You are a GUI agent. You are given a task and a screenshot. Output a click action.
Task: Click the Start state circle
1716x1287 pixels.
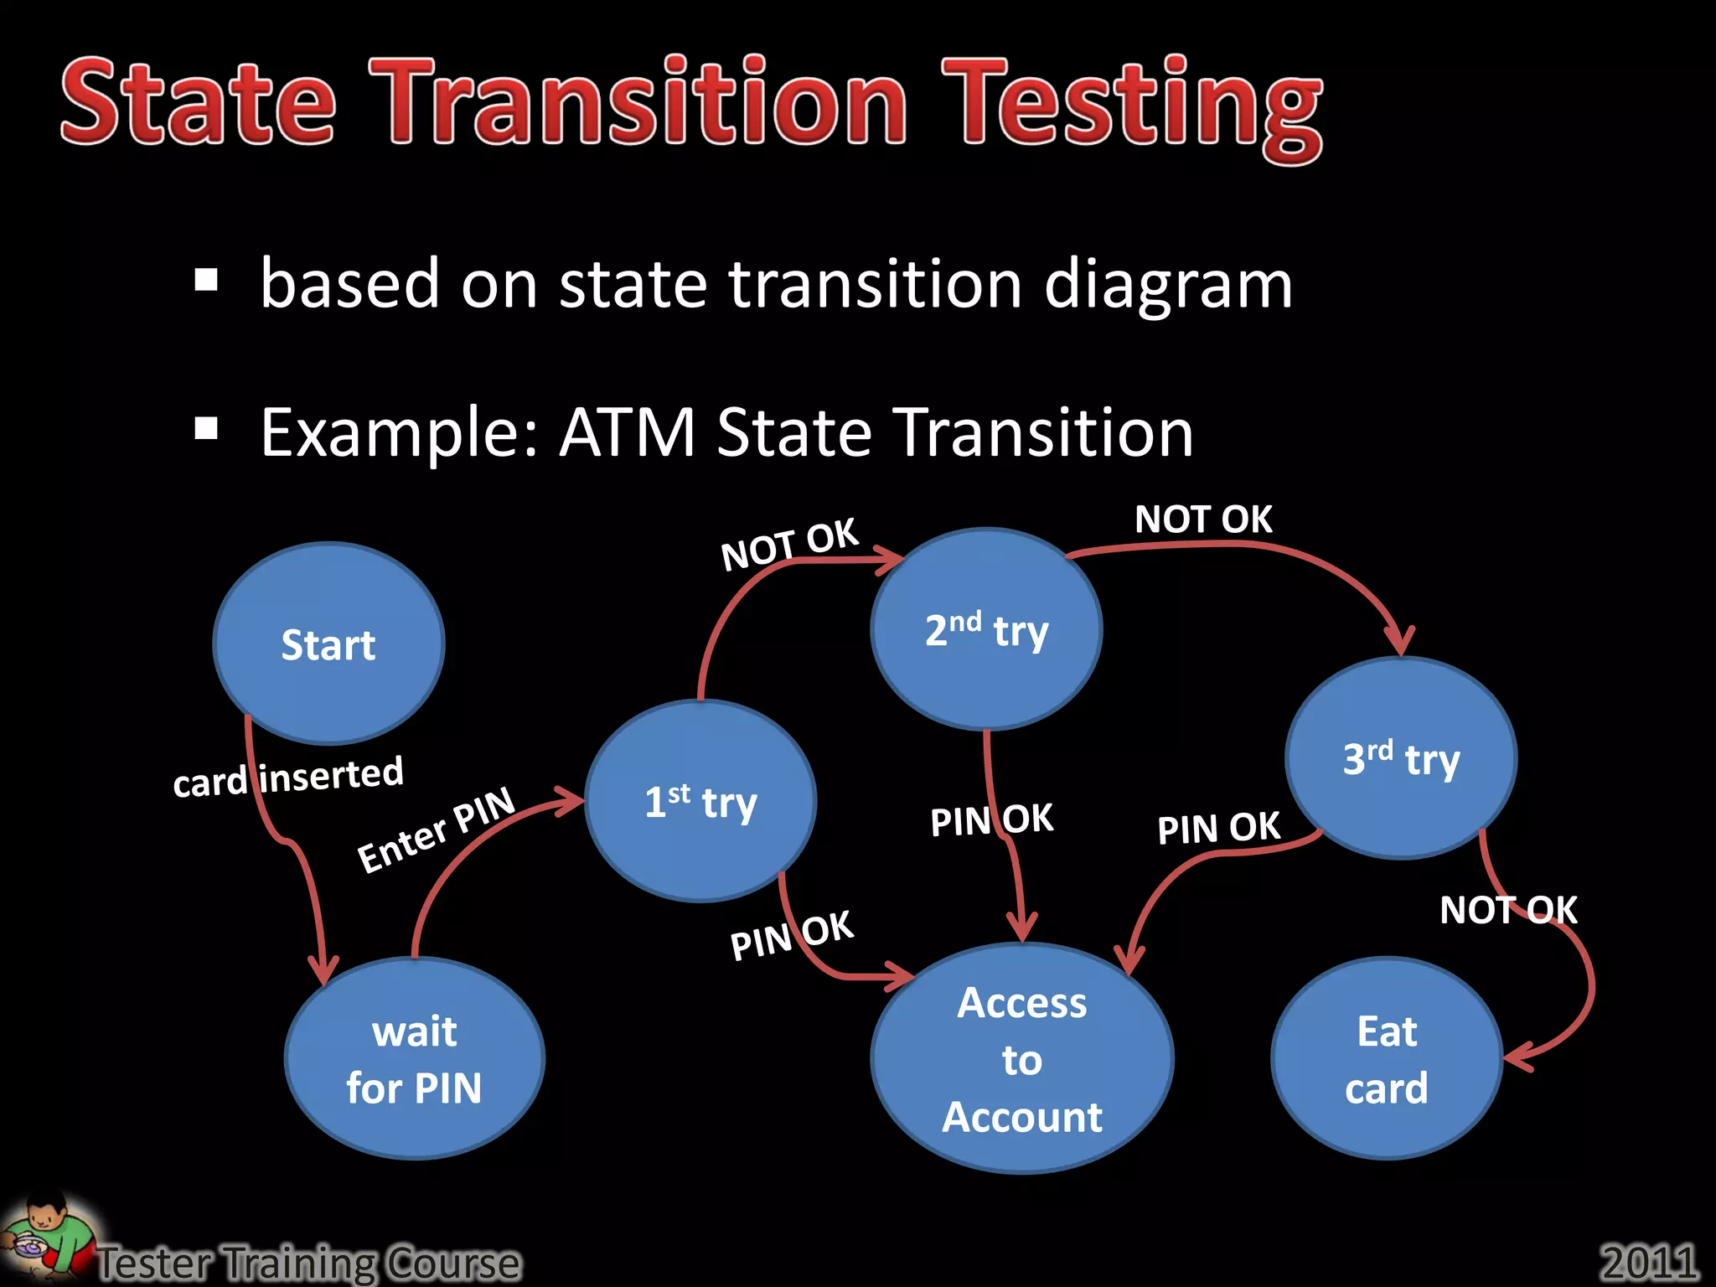pos(328,643)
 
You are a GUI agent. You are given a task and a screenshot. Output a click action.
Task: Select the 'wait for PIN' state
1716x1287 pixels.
pos(414,1059)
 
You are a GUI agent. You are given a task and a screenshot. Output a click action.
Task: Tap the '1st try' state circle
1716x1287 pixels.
pos(700,801)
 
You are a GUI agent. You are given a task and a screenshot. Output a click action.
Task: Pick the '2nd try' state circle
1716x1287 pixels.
pos(986,629)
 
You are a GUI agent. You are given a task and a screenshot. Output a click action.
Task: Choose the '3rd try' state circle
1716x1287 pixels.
pos(1401,758)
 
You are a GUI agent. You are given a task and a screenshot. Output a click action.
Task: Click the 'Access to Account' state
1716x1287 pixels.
pos(1022,1059)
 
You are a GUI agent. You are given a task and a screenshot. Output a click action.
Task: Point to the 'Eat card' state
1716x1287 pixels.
pos(1387,1059)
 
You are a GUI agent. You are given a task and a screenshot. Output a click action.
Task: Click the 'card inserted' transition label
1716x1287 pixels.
pos(288,777)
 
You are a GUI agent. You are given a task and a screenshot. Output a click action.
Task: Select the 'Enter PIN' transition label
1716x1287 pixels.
pos(436,830)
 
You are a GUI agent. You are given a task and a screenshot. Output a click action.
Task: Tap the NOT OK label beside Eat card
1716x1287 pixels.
pos(1508,910)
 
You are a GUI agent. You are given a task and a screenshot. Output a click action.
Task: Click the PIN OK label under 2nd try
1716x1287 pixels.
pos(991,819)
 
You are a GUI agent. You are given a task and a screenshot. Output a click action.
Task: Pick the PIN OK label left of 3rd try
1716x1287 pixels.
pos(1218,828)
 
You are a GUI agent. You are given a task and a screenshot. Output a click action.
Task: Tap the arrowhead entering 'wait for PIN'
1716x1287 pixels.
pos(323,972)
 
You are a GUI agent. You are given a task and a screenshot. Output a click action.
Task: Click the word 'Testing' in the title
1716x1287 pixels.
pos(1131,105)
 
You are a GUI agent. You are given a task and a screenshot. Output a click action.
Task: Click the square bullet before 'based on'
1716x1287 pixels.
pos(206,281)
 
